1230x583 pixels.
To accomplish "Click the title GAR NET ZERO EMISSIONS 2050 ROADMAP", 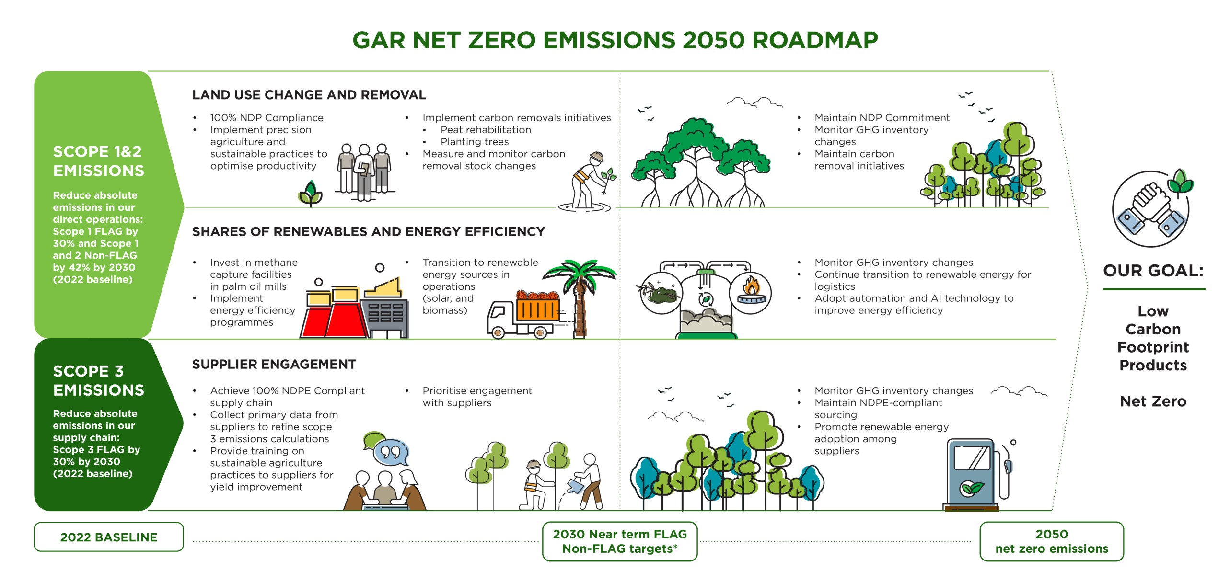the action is click(x=615, y=40).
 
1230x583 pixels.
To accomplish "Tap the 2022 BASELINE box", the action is click(x=109, y=537).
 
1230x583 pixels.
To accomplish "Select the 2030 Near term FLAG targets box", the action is click(x=620, y=541).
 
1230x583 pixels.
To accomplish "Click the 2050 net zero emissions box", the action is click(x=1052, y=541).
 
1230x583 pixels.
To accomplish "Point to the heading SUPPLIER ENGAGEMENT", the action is click(x=274, y=365).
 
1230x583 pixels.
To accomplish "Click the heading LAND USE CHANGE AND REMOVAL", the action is click(x=309, y=95).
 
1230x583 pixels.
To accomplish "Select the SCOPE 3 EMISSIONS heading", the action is click(x=99, y=380).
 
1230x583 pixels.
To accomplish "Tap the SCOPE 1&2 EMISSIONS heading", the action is click(x=99, y=161).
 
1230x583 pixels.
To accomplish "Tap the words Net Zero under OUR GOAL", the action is click(x=1153, y=401).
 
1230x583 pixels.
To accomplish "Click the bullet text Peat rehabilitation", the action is click(x=486, y=130).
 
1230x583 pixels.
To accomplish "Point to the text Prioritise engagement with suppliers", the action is click(x=477, y=397).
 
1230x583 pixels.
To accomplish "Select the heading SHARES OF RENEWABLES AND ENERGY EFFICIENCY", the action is click(x=369, y=232).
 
